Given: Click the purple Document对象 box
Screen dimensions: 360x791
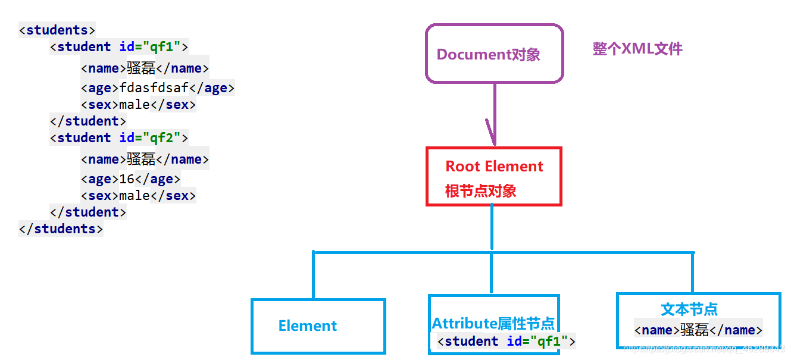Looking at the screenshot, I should click(x=494, y=54).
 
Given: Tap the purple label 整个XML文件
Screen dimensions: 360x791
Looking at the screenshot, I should click(x=637, y=49).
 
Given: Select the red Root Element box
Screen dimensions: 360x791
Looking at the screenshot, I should click(x=494, y=177).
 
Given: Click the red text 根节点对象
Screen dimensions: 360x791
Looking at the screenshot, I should click(x=480, y=191).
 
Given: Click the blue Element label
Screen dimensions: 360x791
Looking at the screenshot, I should click(x=307, y=326).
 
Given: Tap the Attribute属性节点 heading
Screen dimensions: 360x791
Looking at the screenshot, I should click(x=493, y=324).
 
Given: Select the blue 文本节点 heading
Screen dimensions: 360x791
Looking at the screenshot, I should click(x=689, y=309).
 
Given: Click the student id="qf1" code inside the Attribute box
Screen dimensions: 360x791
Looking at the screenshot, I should click(x=506, y=342).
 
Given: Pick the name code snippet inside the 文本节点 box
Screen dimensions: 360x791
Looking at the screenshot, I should click(x=698, y=330).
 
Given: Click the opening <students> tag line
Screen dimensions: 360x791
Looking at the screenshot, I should click(x=57, y=30).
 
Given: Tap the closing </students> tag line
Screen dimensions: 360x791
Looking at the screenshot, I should click(x=61, y=228).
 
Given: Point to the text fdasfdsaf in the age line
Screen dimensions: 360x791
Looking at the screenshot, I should click(x=154, y=88).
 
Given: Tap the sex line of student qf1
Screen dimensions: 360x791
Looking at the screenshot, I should click(x=138, y=105).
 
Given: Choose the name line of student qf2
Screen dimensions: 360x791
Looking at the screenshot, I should click(x=145, y=159).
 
